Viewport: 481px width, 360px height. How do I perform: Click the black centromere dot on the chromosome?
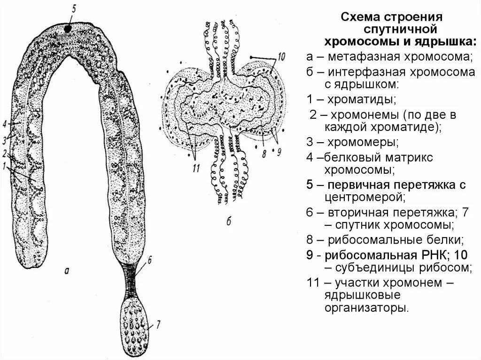coord(69,29)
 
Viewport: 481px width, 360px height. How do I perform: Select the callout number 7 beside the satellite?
coord(159,323)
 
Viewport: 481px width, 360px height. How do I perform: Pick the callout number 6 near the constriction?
coord(149,258)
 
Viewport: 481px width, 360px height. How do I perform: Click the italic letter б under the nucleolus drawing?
coord(229,222)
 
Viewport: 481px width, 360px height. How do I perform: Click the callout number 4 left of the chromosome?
coord(4,124)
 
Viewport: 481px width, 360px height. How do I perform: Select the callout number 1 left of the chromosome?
coord(4,165)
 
